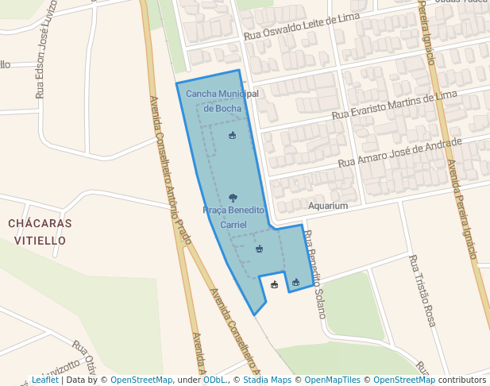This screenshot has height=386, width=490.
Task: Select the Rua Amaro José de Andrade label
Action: tap(399, 152)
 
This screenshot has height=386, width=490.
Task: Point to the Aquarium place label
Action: tap(328, 206)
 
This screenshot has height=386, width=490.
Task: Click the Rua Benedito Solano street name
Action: tap(314, 273)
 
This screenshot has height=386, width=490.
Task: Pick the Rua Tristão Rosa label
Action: tap(422, 290)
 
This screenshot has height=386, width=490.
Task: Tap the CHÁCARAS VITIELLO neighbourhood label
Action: tap(40, 231)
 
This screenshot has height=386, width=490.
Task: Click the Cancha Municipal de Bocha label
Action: tap(222, 101)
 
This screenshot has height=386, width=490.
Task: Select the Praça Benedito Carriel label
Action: tap(233, 218)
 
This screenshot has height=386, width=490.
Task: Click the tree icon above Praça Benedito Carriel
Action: tap(233, 197)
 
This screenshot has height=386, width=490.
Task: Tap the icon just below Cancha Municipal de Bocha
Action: tap(232, 136)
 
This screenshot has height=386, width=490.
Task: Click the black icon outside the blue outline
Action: tap(275, 284)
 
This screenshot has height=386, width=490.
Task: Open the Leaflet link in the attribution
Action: tap(44, 380)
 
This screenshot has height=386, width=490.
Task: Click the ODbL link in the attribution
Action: tap(214, 380)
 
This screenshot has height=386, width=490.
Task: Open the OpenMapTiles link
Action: tap(332, 380)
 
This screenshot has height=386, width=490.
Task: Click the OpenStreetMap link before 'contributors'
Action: tap(403, 380)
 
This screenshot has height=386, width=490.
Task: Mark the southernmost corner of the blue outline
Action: tap(254, 315)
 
